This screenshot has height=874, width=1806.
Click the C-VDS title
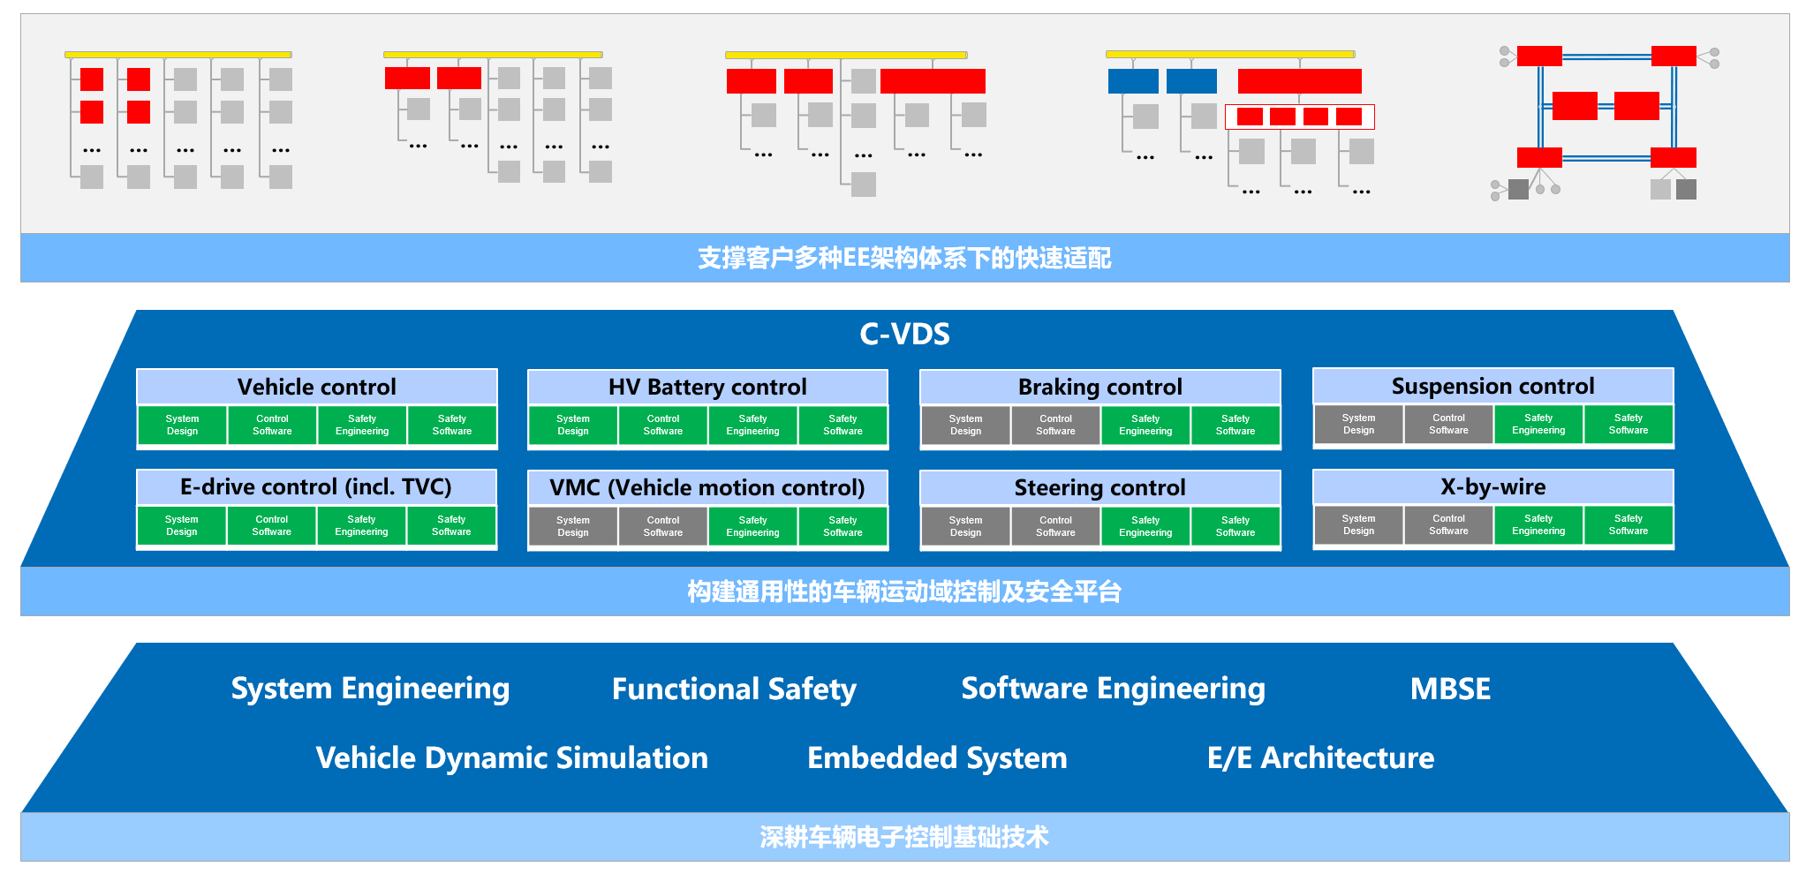[904, 334]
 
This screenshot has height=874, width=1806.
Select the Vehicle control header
[316, 387]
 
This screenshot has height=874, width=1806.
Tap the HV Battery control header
[707, 387]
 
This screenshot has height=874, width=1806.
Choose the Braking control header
[1099, 387]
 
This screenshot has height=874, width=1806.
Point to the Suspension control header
[1492, 386]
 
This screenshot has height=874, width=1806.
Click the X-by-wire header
[1492, 486]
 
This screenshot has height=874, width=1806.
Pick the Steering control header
[1099, 487]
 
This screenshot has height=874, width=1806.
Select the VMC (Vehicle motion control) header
[707, 487]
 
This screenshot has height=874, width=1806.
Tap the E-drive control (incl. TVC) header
[316, 486]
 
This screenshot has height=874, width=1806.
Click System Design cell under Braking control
[965, 425]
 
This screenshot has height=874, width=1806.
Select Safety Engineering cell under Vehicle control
[362, 425]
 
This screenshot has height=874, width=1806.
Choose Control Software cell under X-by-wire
[1448, 524]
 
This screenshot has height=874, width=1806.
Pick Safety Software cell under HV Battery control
[843, 425]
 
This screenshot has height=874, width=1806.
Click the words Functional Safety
[734, 689]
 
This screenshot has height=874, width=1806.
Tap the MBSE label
[1450, 689]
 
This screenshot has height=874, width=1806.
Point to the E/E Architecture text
[1320, 757]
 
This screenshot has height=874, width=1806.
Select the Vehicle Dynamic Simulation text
[512, 757]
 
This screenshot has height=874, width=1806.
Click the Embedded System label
[937, 757]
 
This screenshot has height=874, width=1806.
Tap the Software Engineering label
[1113, 689]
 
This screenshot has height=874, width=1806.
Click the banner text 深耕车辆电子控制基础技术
[904, 836]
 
